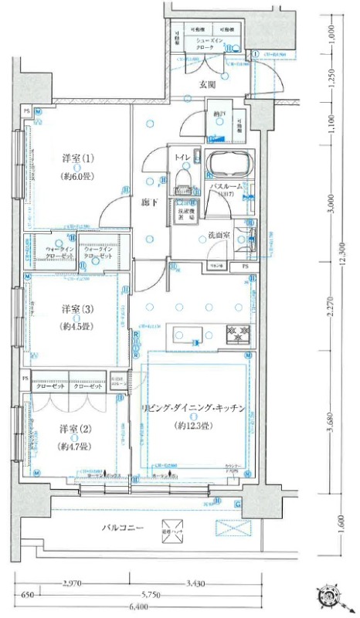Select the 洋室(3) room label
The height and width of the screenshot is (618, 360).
[x=77, y=309]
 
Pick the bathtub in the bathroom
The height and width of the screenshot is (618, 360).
[x=227, y=165]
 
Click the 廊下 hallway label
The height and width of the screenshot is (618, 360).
[x=150, y=202]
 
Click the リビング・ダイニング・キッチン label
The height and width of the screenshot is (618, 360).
[x=193, y=407]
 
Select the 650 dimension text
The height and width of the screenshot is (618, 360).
[x=28, y=596]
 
